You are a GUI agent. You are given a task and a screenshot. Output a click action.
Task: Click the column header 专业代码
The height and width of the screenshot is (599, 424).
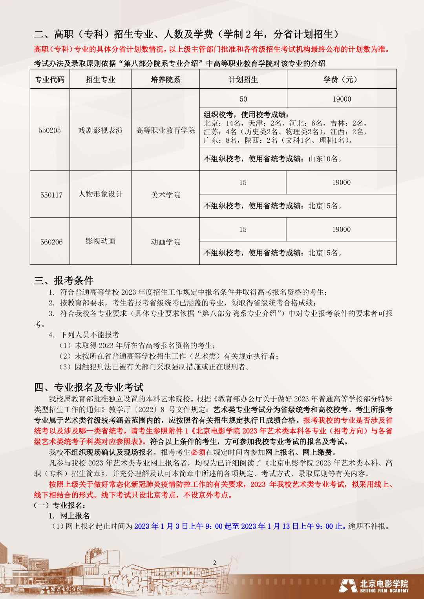pyautogui.click(x=49, y=80)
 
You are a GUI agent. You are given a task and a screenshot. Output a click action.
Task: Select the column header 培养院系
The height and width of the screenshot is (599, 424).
pyautogui.click(x=165, y=80)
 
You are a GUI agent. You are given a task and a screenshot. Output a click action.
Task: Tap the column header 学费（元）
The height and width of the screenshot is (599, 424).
pyautogui.click(x=341, y=80)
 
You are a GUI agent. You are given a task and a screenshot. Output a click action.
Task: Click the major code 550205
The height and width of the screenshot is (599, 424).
pyautogui.click(x=49, y=131)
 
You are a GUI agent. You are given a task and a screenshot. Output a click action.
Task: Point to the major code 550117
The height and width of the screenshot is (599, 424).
pyautogui.click(x=51, y=195)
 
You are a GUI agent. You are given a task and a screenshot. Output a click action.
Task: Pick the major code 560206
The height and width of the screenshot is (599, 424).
pyautogui.click(x=51, y=242)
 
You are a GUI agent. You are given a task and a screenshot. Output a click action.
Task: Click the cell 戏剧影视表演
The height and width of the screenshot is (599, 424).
pyautogui.click(x=101, y=131)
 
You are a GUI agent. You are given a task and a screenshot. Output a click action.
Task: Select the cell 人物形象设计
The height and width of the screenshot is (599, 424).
pyautogui.click(x=101, y=194)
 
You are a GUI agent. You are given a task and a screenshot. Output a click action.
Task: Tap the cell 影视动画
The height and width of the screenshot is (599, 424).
pyautogui.click(x=101, y=241)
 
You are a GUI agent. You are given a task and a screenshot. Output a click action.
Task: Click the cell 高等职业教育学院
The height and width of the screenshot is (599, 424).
pyautogui.click(x=165, y=131)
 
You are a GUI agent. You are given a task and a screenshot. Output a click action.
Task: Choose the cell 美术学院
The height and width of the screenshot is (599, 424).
pyautogui.click(x=165, y=195)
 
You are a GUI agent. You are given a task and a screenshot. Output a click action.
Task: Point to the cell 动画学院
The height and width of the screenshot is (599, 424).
pyautogui.click(x=165, y=242)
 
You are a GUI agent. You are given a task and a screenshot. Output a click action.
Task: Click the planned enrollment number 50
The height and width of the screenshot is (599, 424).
pyautogui.click(x=243, y=99)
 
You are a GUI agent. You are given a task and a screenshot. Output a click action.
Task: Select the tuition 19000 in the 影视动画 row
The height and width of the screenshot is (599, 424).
pyautogui.click(x=341, y=229)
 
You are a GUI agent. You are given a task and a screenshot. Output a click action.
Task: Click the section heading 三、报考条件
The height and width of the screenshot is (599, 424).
pyautogui.click(x=64, y=280)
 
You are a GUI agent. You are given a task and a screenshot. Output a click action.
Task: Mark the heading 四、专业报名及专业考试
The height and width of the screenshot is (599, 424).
pyautogui.click(x=89, y=388)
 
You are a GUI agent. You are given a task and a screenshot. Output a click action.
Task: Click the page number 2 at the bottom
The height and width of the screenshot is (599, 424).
pyautogui.click(x=215, y=563)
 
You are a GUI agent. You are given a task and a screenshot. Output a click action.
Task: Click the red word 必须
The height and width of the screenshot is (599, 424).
pyautogui.click(x=198, y=452)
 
